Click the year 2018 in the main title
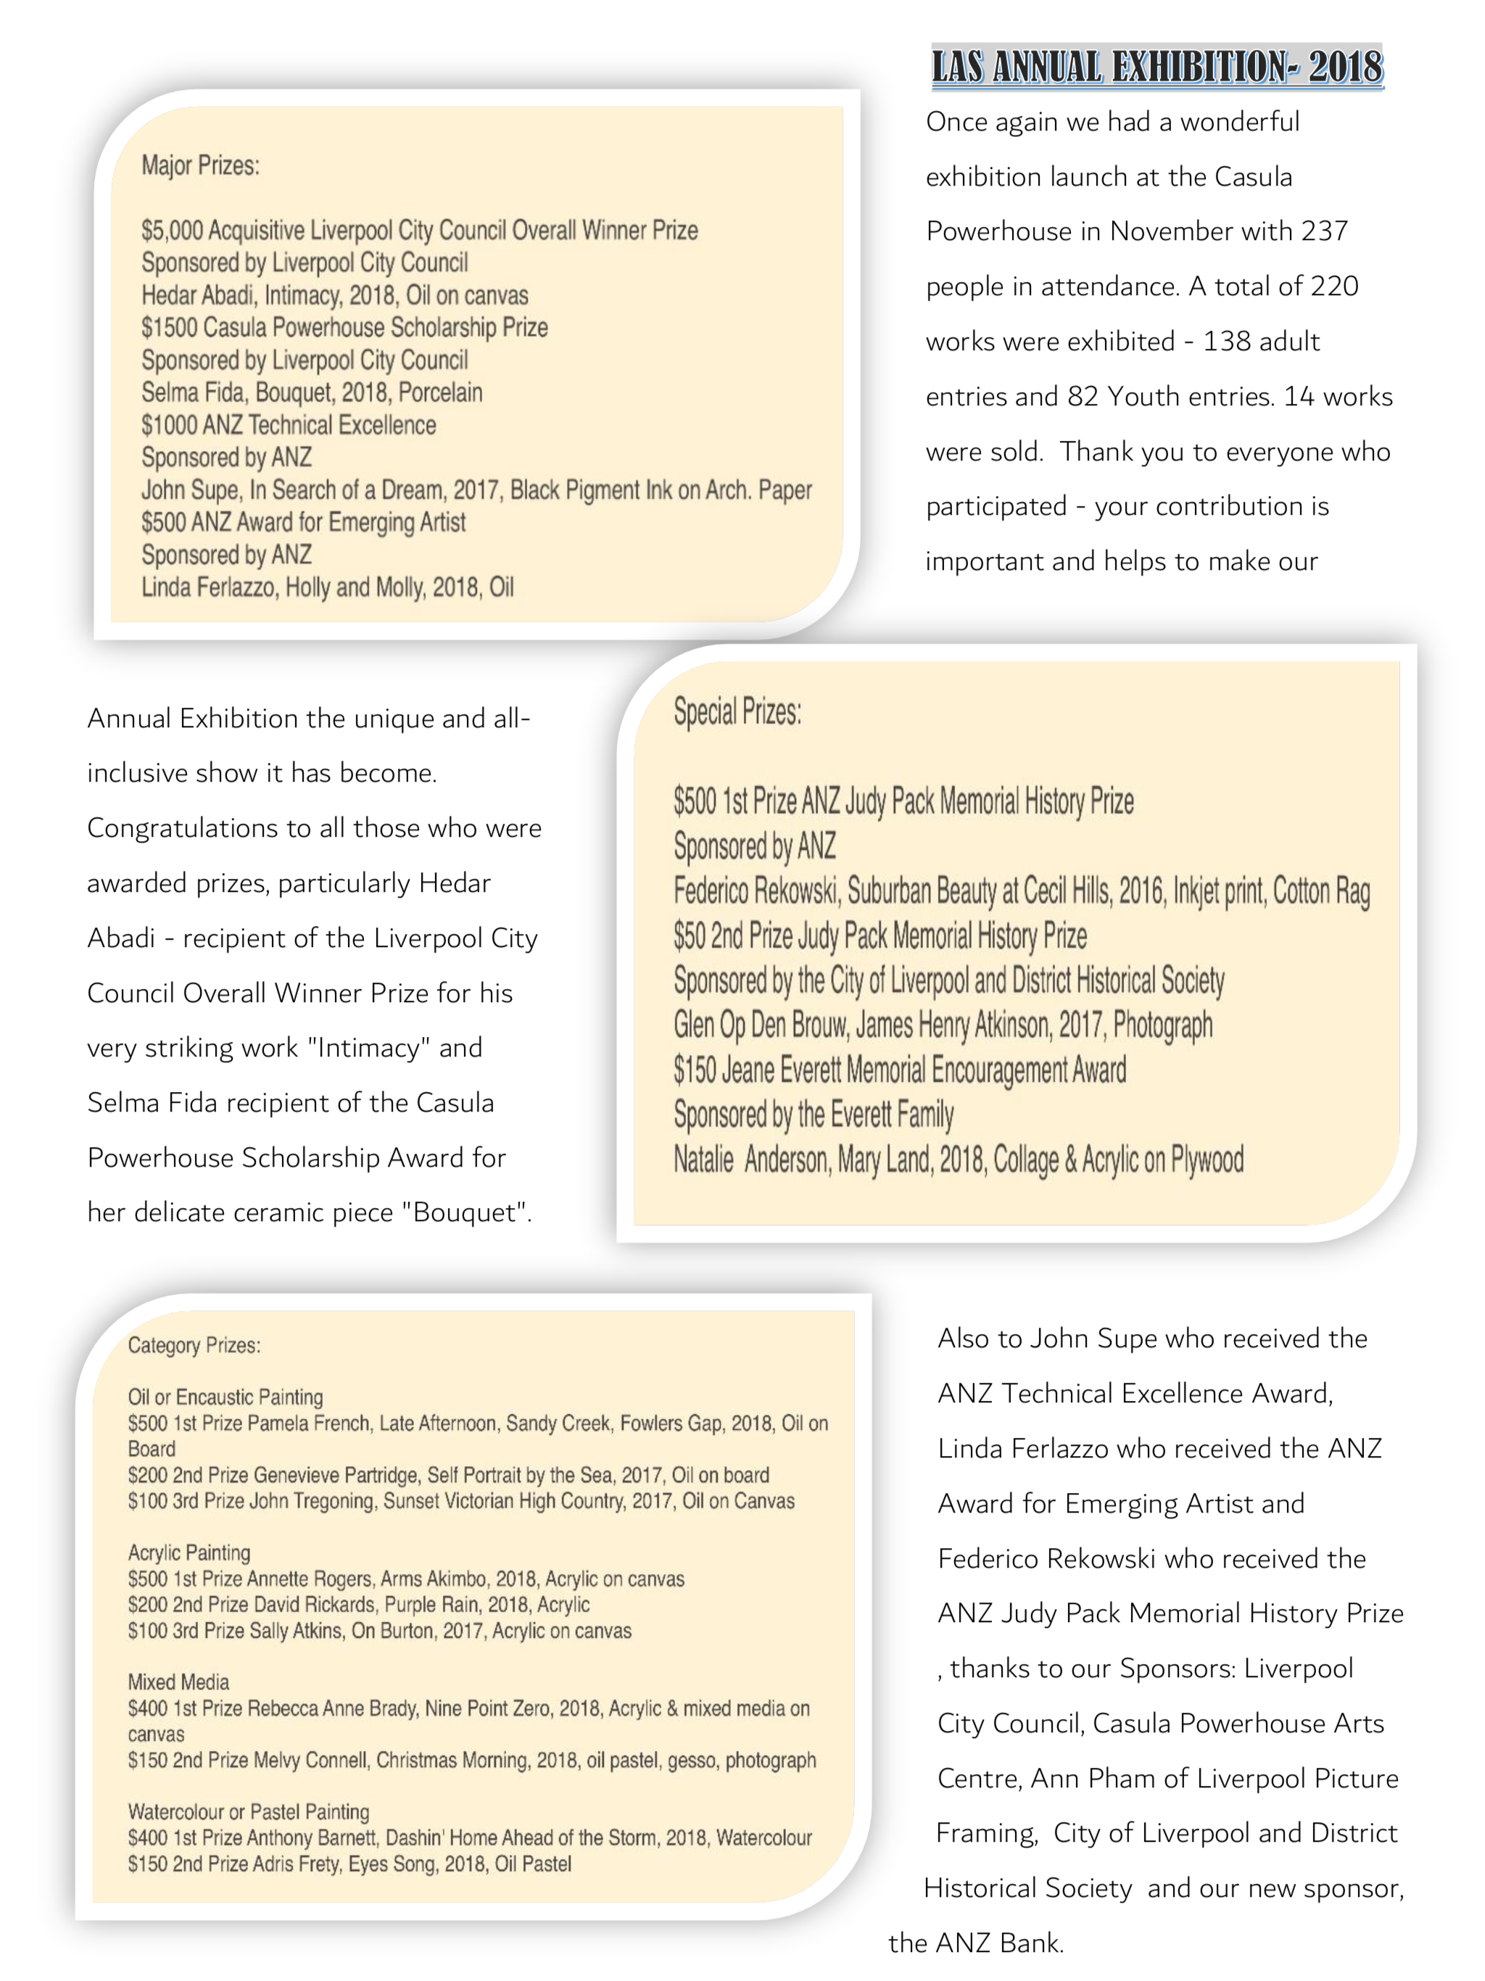click(x=1344, y=67)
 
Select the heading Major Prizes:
click(x=201, y=165)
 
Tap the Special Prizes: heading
click(x=737, y=712)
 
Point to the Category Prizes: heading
click(x=194, y=1345)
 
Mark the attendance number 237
click(x=1324, y=232)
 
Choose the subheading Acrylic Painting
click(x=189, y=1553)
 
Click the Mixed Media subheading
click(x=178, y=1682)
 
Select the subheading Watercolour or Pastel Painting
click(x=248, y=1812)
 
